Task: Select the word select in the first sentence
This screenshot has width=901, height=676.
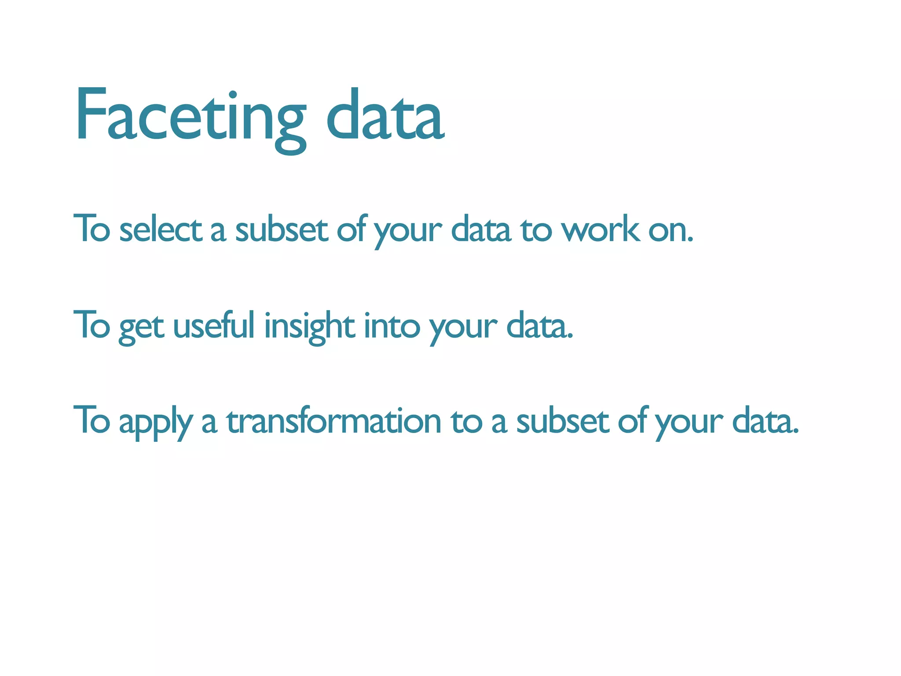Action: [161, 230]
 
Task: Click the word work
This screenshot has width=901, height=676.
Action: [601, 230]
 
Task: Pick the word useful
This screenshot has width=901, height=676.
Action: [214, 326]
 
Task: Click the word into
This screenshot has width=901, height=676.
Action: [392, 326]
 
